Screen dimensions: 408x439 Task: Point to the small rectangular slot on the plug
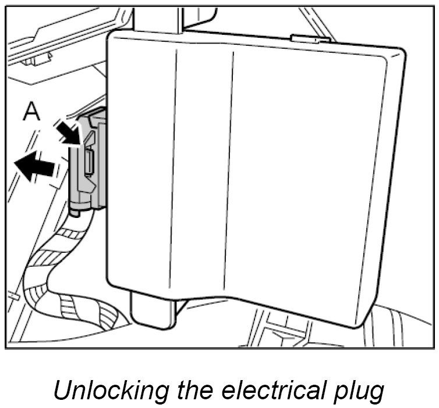point(88,160)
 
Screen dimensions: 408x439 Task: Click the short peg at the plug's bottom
point(76,212)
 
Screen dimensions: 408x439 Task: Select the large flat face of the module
point(256,174)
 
